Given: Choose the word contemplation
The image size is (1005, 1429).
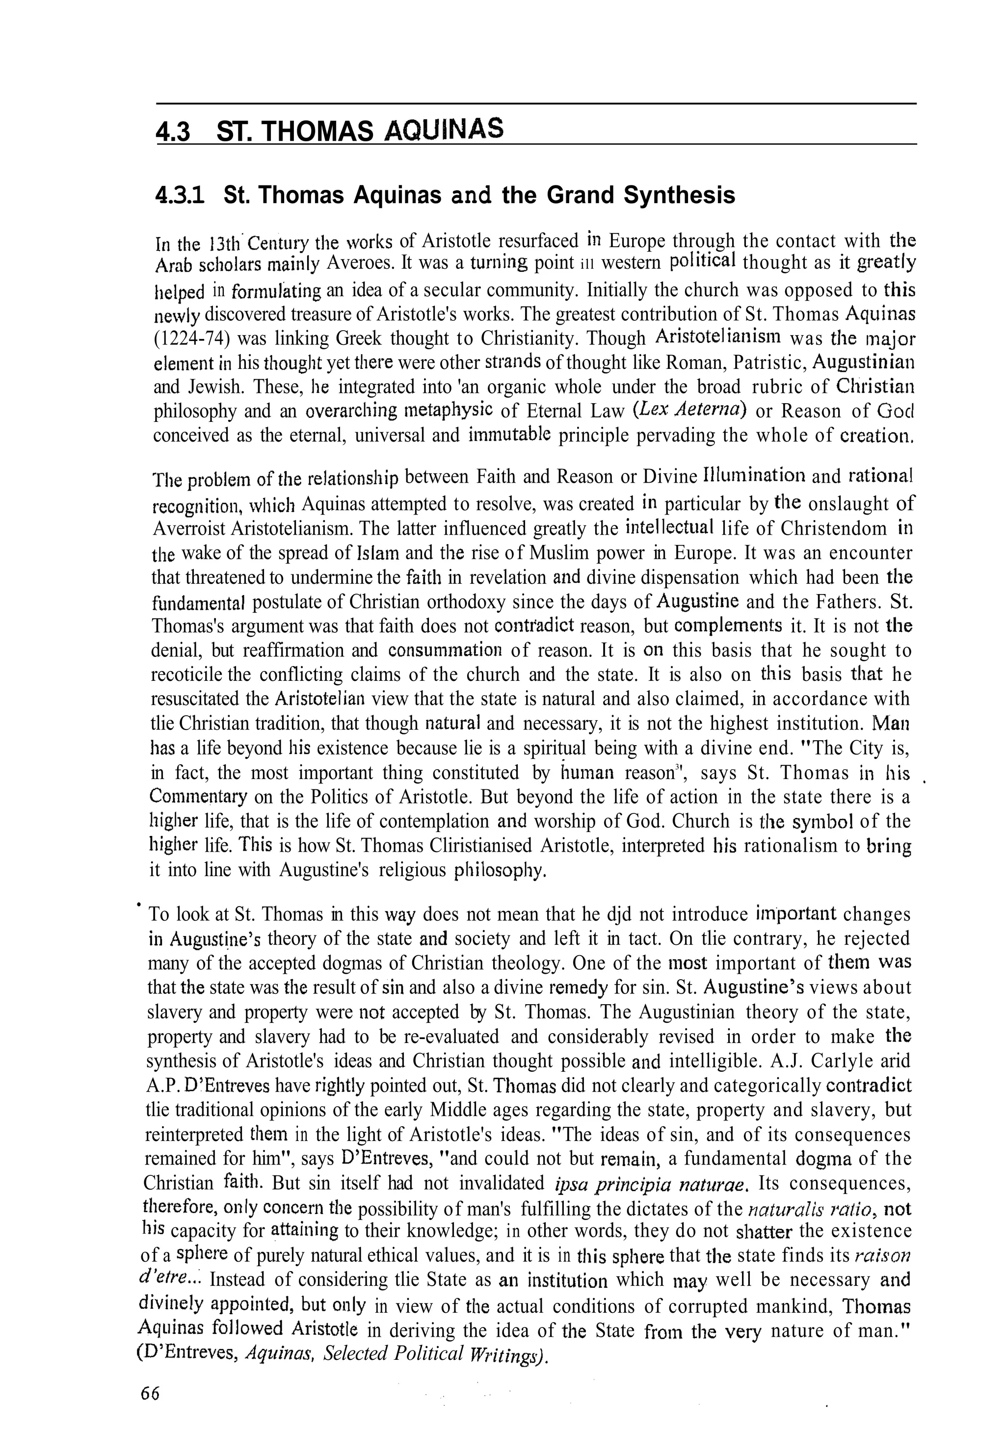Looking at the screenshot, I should [x=433, y=822].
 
